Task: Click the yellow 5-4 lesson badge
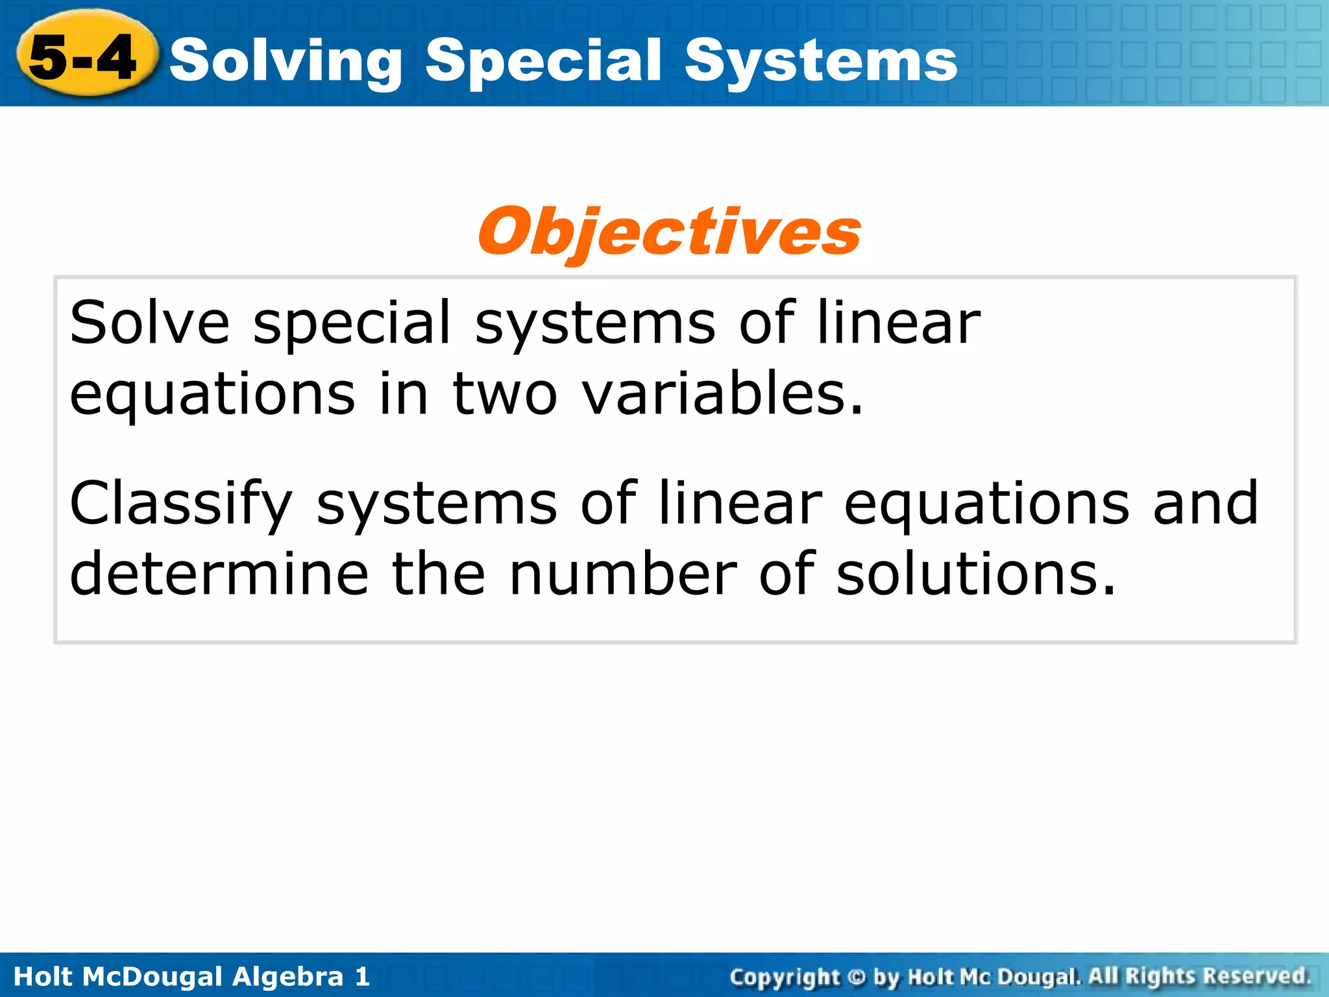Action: [84, 57]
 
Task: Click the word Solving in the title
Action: [286, 62]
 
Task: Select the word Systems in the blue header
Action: [820, 62]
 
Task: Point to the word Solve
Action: [149, 323]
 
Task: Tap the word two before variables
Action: [504, 394]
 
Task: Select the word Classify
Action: [181, 505]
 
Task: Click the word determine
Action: [219, 574]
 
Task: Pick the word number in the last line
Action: [623, 574]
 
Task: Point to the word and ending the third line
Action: [1206, 504]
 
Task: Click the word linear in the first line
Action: [898, 323]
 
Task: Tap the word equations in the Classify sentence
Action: [986, 505]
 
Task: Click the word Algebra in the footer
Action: [287, 976]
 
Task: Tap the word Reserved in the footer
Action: [1257, 976]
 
